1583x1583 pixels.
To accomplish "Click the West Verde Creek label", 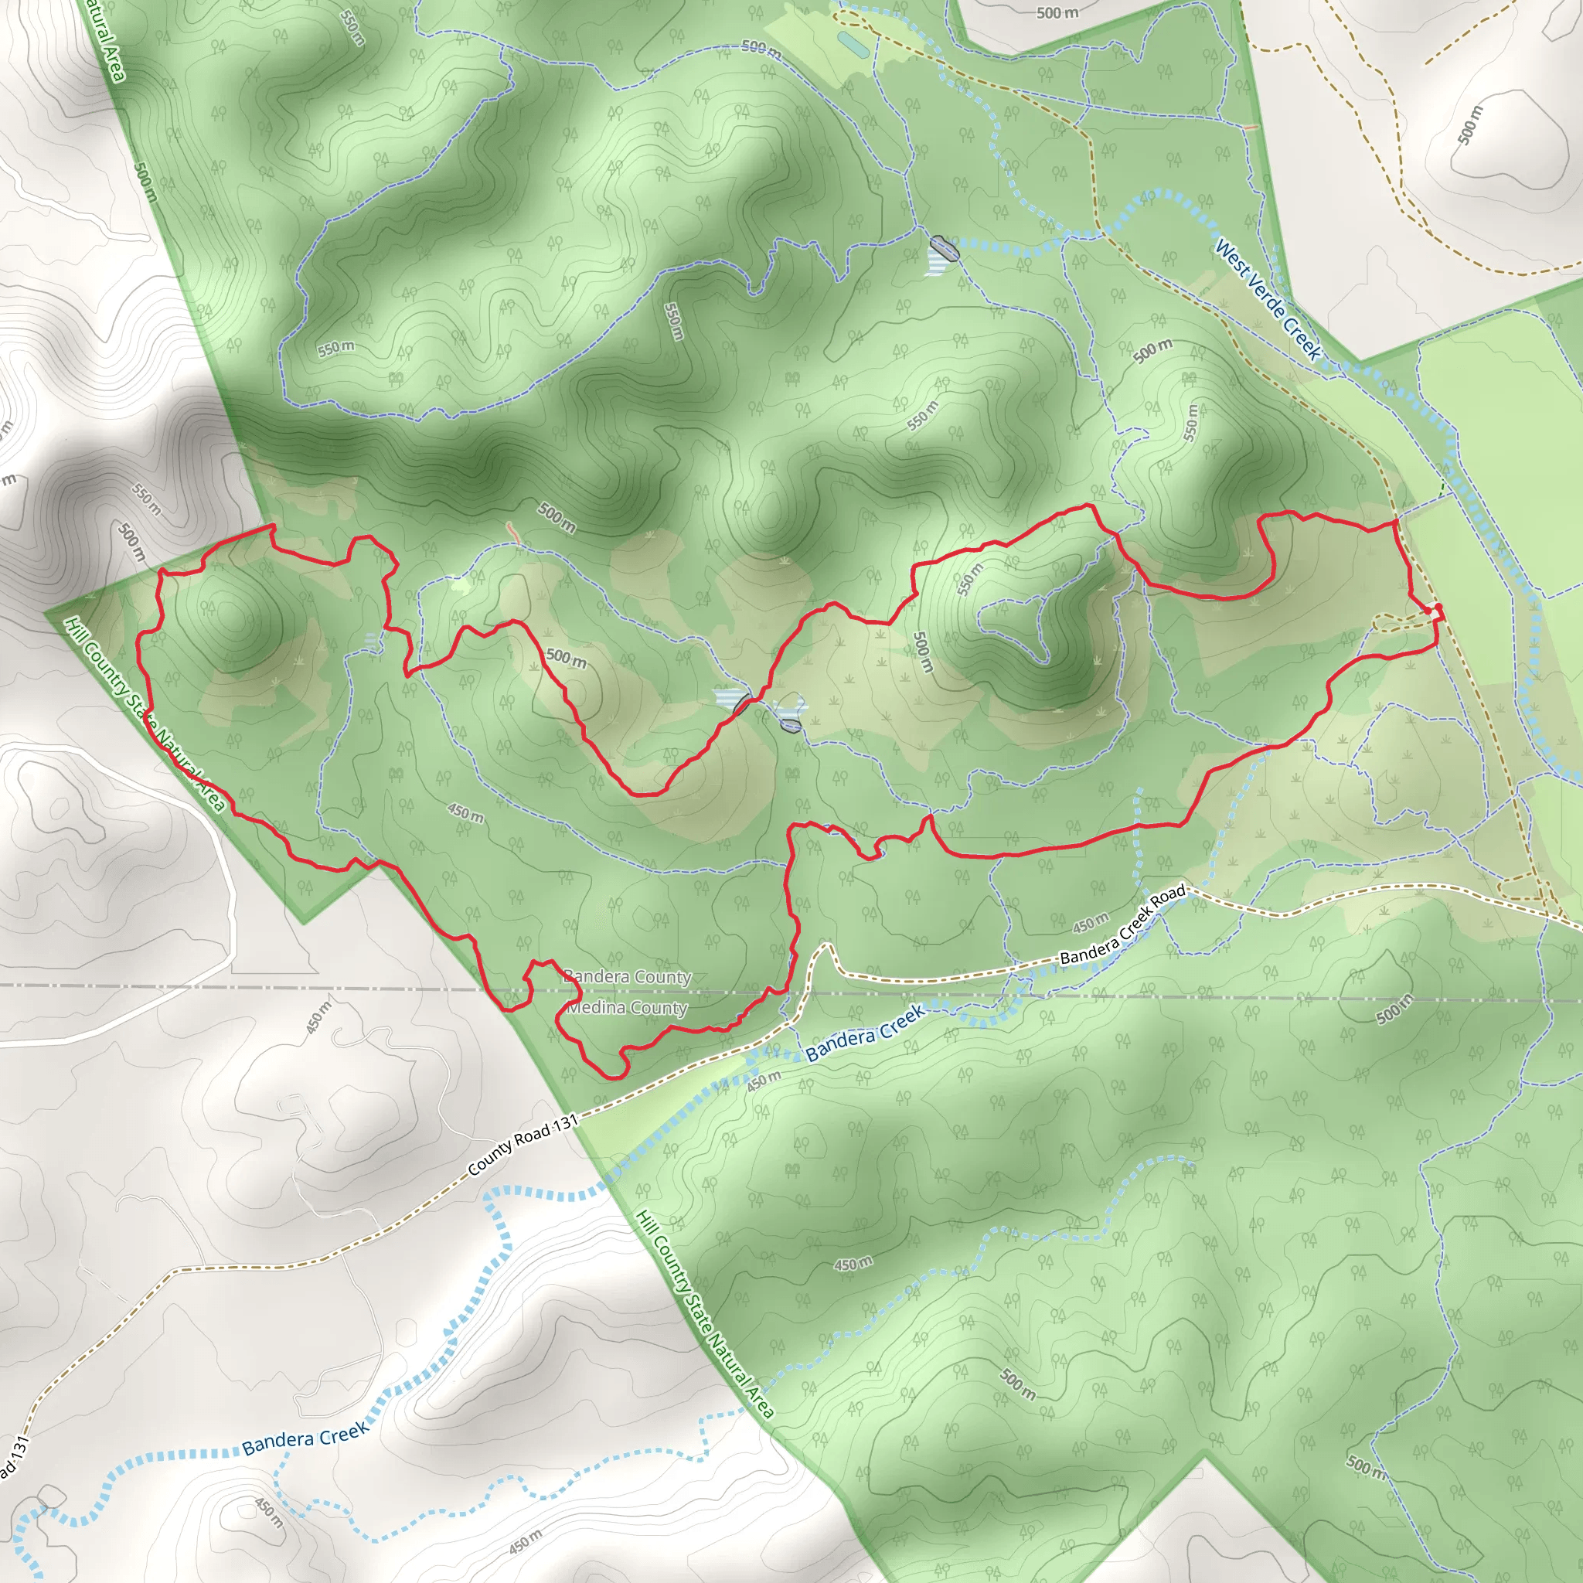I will coord(1268,300).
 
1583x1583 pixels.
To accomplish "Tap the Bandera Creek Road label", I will coord(1122,924).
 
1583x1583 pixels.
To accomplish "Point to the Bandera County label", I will coord(628,977).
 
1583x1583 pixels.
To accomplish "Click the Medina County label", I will coord(628,1008).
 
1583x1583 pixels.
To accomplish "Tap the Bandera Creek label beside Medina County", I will coord(865,1033).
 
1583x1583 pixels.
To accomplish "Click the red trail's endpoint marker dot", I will coord(1438,607).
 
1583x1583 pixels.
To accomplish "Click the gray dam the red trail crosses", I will coord(742,704).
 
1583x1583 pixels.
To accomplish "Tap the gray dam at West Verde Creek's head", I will coord(944,248).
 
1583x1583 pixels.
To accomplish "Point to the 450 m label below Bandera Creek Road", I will coord(1090,923).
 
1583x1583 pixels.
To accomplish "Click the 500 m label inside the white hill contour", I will coord(1471,124).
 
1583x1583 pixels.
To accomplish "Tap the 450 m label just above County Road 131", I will coord(764,1081).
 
